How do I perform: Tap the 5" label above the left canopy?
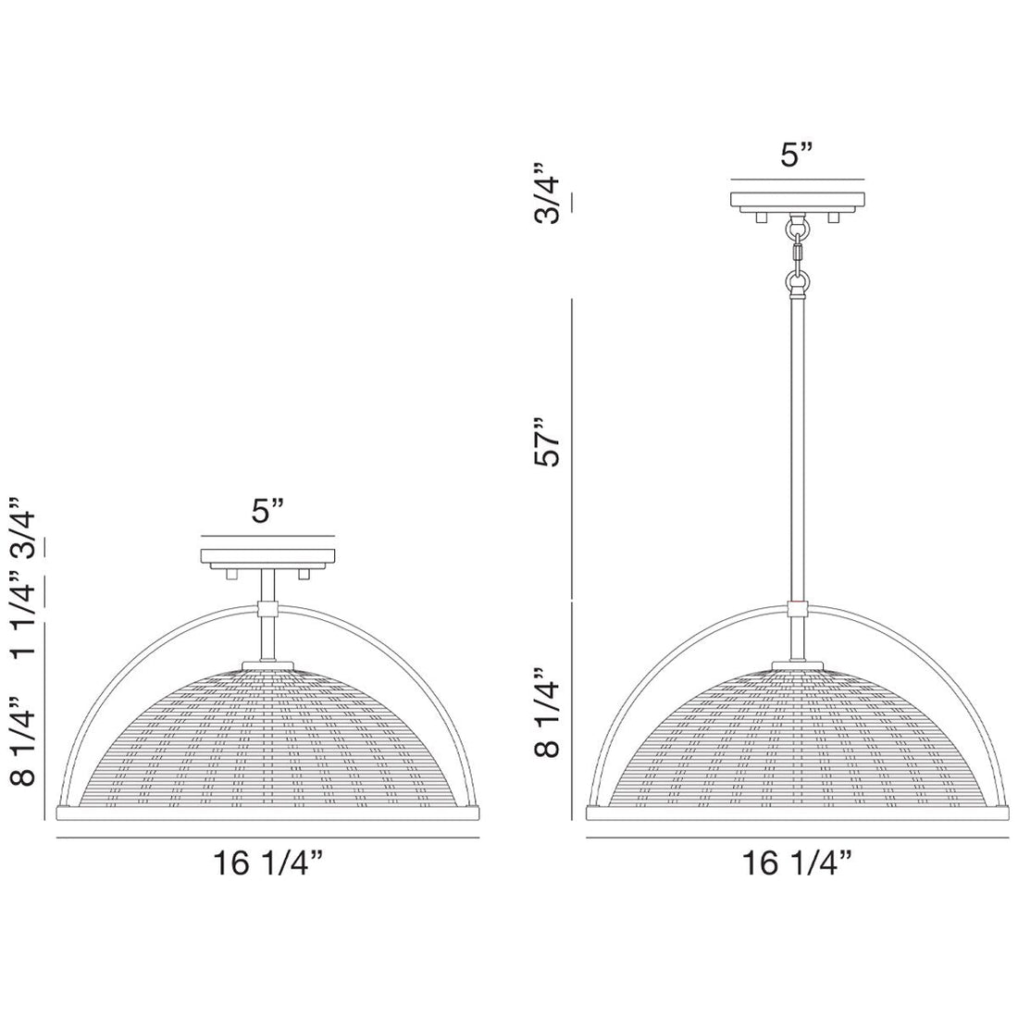point(268,512)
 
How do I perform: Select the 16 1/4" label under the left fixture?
point(267,863)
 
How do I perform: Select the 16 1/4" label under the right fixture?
point(797,863)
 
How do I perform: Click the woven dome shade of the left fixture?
point(268,740)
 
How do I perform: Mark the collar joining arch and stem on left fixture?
point(268,610)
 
